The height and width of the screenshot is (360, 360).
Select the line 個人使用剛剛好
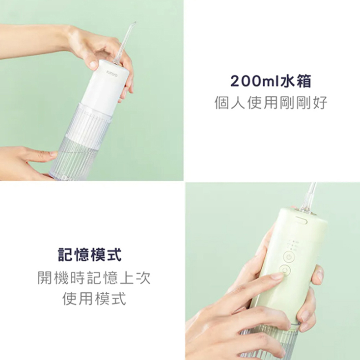[x=271, y=103]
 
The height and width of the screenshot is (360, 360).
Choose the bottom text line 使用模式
[x=94, y=298]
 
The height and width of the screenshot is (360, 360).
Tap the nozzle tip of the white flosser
[x=134, y=24]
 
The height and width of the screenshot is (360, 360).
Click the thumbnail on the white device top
[x=93, y=64]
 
